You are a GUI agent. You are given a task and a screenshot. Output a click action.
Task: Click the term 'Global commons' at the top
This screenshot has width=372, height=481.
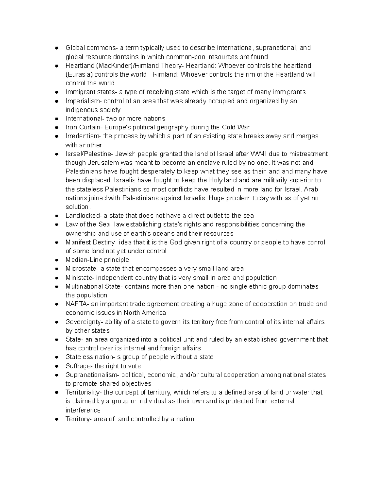tap(90, 48)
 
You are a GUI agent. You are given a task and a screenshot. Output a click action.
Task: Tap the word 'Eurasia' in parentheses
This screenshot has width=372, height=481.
tap(79, 74)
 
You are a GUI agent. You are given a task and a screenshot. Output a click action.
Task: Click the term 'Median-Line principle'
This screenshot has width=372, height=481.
tap(97, 260)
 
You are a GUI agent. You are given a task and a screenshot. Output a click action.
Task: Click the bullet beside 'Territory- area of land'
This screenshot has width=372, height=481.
tap(56, 419)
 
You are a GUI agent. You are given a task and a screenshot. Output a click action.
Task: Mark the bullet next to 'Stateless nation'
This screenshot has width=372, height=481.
tap(56, 357)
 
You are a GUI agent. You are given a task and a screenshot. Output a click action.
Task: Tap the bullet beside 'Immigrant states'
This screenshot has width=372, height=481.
tap(56, 92)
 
